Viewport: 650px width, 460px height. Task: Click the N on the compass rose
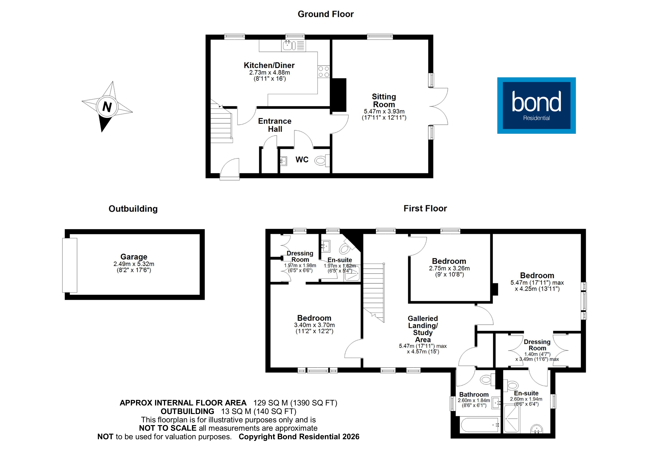coord(107,107)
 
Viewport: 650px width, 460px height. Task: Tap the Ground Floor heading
coord(326,14)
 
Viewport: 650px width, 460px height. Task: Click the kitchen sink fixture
coord(287,45)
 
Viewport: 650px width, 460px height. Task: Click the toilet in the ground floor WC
coord(321,161)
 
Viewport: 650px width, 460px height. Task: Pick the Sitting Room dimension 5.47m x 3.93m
coord(384,111)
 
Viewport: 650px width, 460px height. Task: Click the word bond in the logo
coord(536,102)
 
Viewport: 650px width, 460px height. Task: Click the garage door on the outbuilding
coord(70,265)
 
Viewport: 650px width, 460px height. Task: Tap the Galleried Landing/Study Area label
coord(423,329)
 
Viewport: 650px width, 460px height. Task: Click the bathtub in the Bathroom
coord(479,425)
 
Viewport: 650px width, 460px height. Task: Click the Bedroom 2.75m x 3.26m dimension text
coord(449,268)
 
